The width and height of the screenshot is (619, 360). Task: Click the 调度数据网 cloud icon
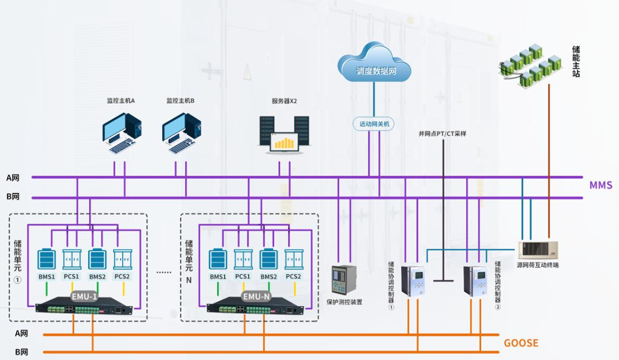[x=374, y=64]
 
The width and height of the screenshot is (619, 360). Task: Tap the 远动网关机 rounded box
[x=374, y=124]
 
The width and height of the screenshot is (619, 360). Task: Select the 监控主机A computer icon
[x=122, y=133]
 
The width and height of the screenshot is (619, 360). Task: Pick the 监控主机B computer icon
[x=181, y=133]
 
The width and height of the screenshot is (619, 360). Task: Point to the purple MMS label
[x=600, y=185]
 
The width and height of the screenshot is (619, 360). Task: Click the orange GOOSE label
[x=521, y=343]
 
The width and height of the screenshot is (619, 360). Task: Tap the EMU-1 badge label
[x=84, y=296]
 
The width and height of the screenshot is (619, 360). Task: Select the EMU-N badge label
[x=256, y=296]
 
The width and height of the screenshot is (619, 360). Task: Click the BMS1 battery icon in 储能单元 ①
[x=47, y=260]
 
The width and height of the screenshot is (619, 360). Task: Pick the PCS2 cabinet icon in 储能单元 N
[x=294, y=260]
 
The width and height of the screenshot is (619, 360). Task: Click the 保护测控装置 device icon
[x=344, y=280]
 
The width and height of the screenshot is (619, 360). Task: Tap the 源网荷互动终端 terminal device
[x=538, y=250]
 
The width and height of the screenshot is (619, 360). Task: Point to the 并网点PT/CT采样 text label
[x=442, y=134]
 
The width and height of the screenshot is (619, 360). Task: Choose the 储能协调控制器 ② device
[x=475, y=281]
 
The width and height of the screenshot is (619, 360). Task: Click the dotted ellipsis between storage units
[x=164, y=272]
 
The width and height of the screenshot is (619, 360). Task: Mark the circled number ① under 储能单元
[x=17, y=280]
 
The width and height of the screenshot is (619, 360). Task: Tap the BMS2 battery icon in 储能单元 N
[x=269, y=260]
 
